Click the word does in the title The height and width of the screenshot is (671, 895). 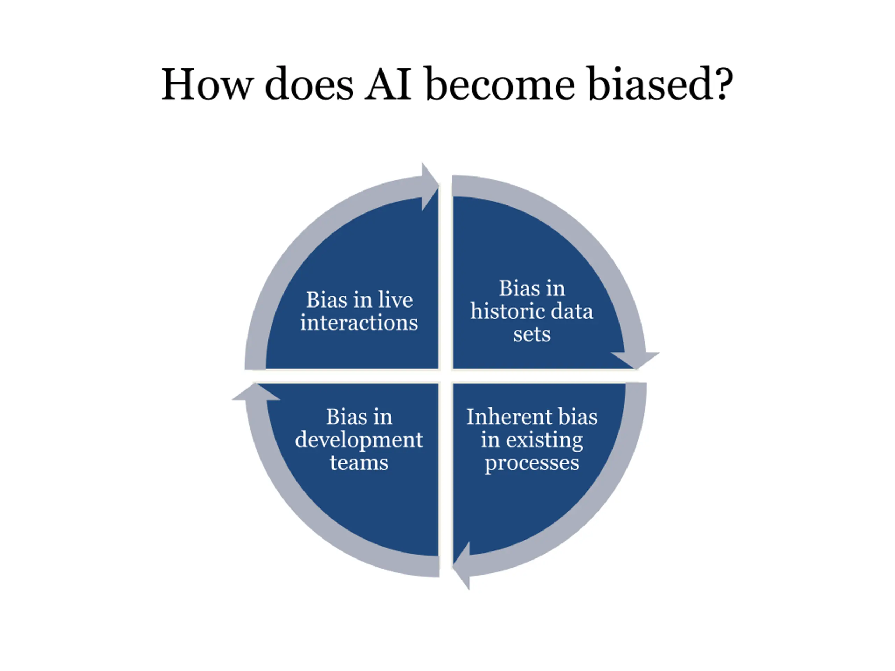(309, 84)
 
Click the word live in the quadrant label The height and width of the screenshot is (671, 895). (395, 300)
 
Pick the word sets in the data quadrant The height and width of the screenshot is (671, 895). (532, 334)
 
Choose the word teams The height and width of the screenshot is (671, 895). (359, 462)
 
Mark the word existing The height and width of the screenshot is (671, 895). (545, 440)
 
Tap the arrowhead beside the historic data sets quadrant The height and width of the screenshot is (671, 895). (635, 360)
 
